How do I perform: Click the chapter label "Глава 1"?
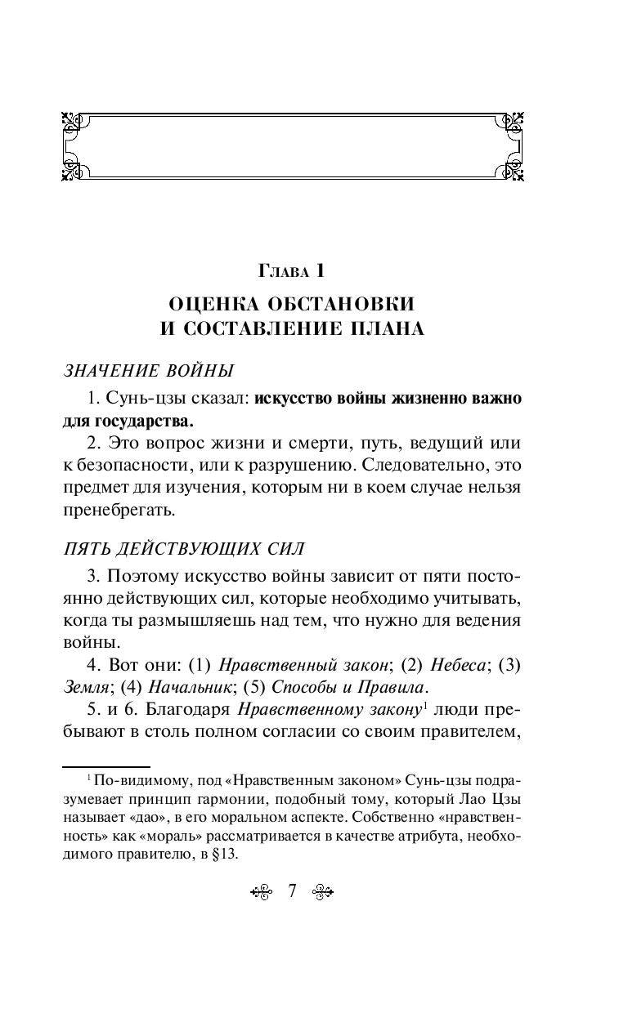coord(292,270)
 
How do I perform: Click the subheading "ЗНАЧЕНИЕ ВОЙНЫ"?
coord(148,371)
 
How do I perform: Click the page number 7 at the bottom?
coord(292,890)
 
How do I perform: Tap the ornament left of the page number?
coord(261,891)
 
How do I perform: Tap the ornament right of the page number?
coord(322,891)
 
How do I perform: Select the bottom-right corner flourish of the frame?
coord(512,170)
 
